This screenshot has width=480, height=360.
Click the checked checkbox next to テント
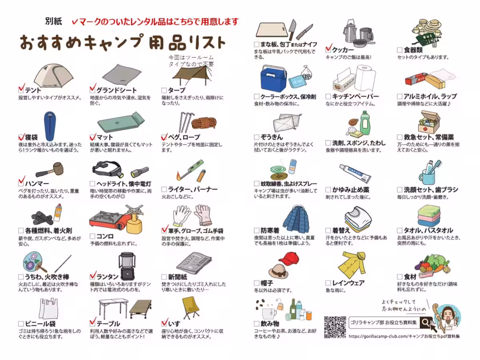[21, 89]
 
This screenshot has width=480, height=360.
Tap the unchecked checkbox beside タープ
[164, 90]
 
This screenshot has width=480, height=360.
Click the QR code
[335, 327]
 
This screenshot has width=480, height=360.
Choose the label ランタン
[108, 276]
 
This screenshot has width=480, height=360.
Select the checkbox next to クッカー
[328, 50]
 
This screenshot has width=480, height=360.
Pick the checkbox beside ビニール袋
[21, 324]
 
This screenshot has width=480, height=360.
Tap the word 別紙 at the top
[54, 22]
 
